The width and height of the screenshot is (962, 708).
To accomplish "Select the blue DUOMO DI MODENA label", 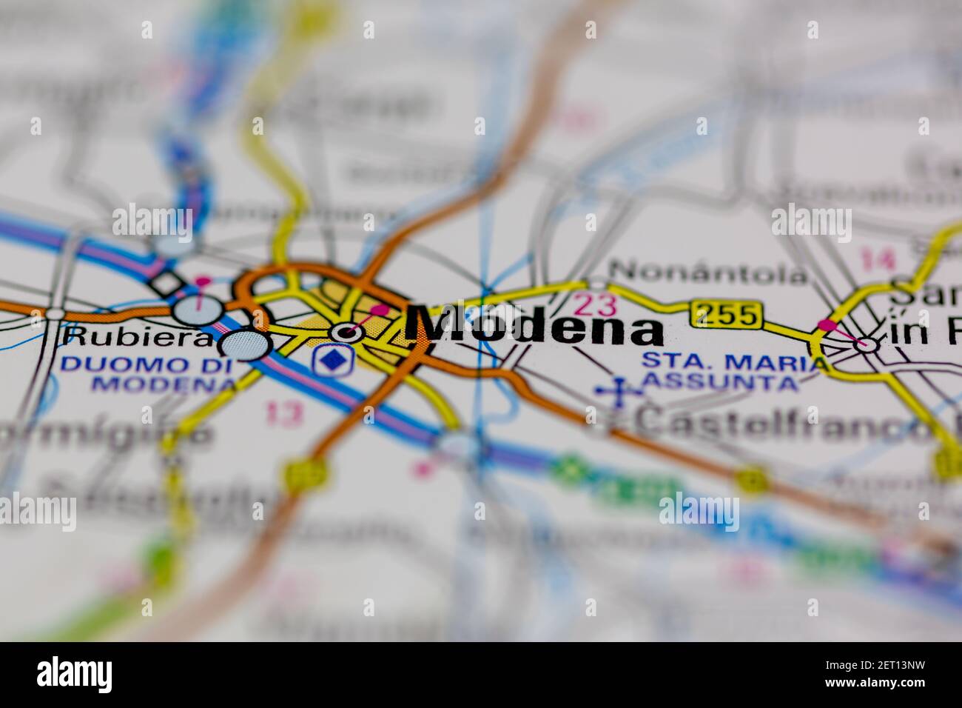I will pyautogui.click(x=148, y=374).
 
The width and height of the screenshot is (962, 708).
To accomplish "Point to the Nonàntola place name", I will pyautogui.click(x=709, y=274).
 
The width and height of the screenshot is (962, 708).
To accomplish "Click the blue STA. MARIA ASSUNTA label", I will pyautogui.click(x=733, y=372).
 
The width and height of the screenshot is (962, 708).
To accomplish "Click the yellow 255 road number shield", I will pyautogui.click(x=726, y=315).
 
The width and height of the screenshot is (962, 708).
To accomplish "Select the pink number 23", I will pyautogui.click(x=594, y=304).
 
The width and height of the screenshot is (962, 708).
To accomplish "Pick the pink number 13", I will pyautogui.click(x=283, y=413).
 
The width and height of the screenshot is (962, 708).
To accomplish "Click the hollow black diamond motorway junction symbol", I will pyautogui.click(x=166, y=283).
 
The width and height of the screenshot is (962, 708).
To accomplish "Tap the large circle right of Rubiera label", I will pyautogui.click(x=244, y=345).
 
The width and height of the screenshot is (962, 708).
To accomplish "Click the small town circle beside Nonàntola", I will pyautogui.click(x=596, y=284).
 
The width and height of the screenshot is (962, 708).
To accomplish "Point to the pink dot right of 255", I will pyautogui.click(x=827, y=324).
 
